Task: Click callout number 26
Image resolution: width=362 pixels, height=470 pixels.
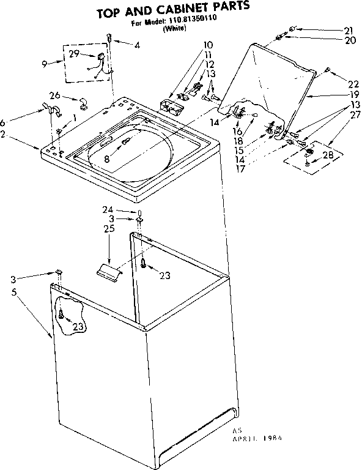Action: pyautogui.click(x=54, y=95)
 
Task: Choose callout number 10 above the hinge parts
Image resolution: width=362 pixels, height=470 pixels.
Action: pyautogui.click(x=208, y=45)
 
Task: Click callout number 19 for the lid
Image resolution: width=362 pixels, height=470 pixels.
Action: pyautogui.click(x=338, y=95)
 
